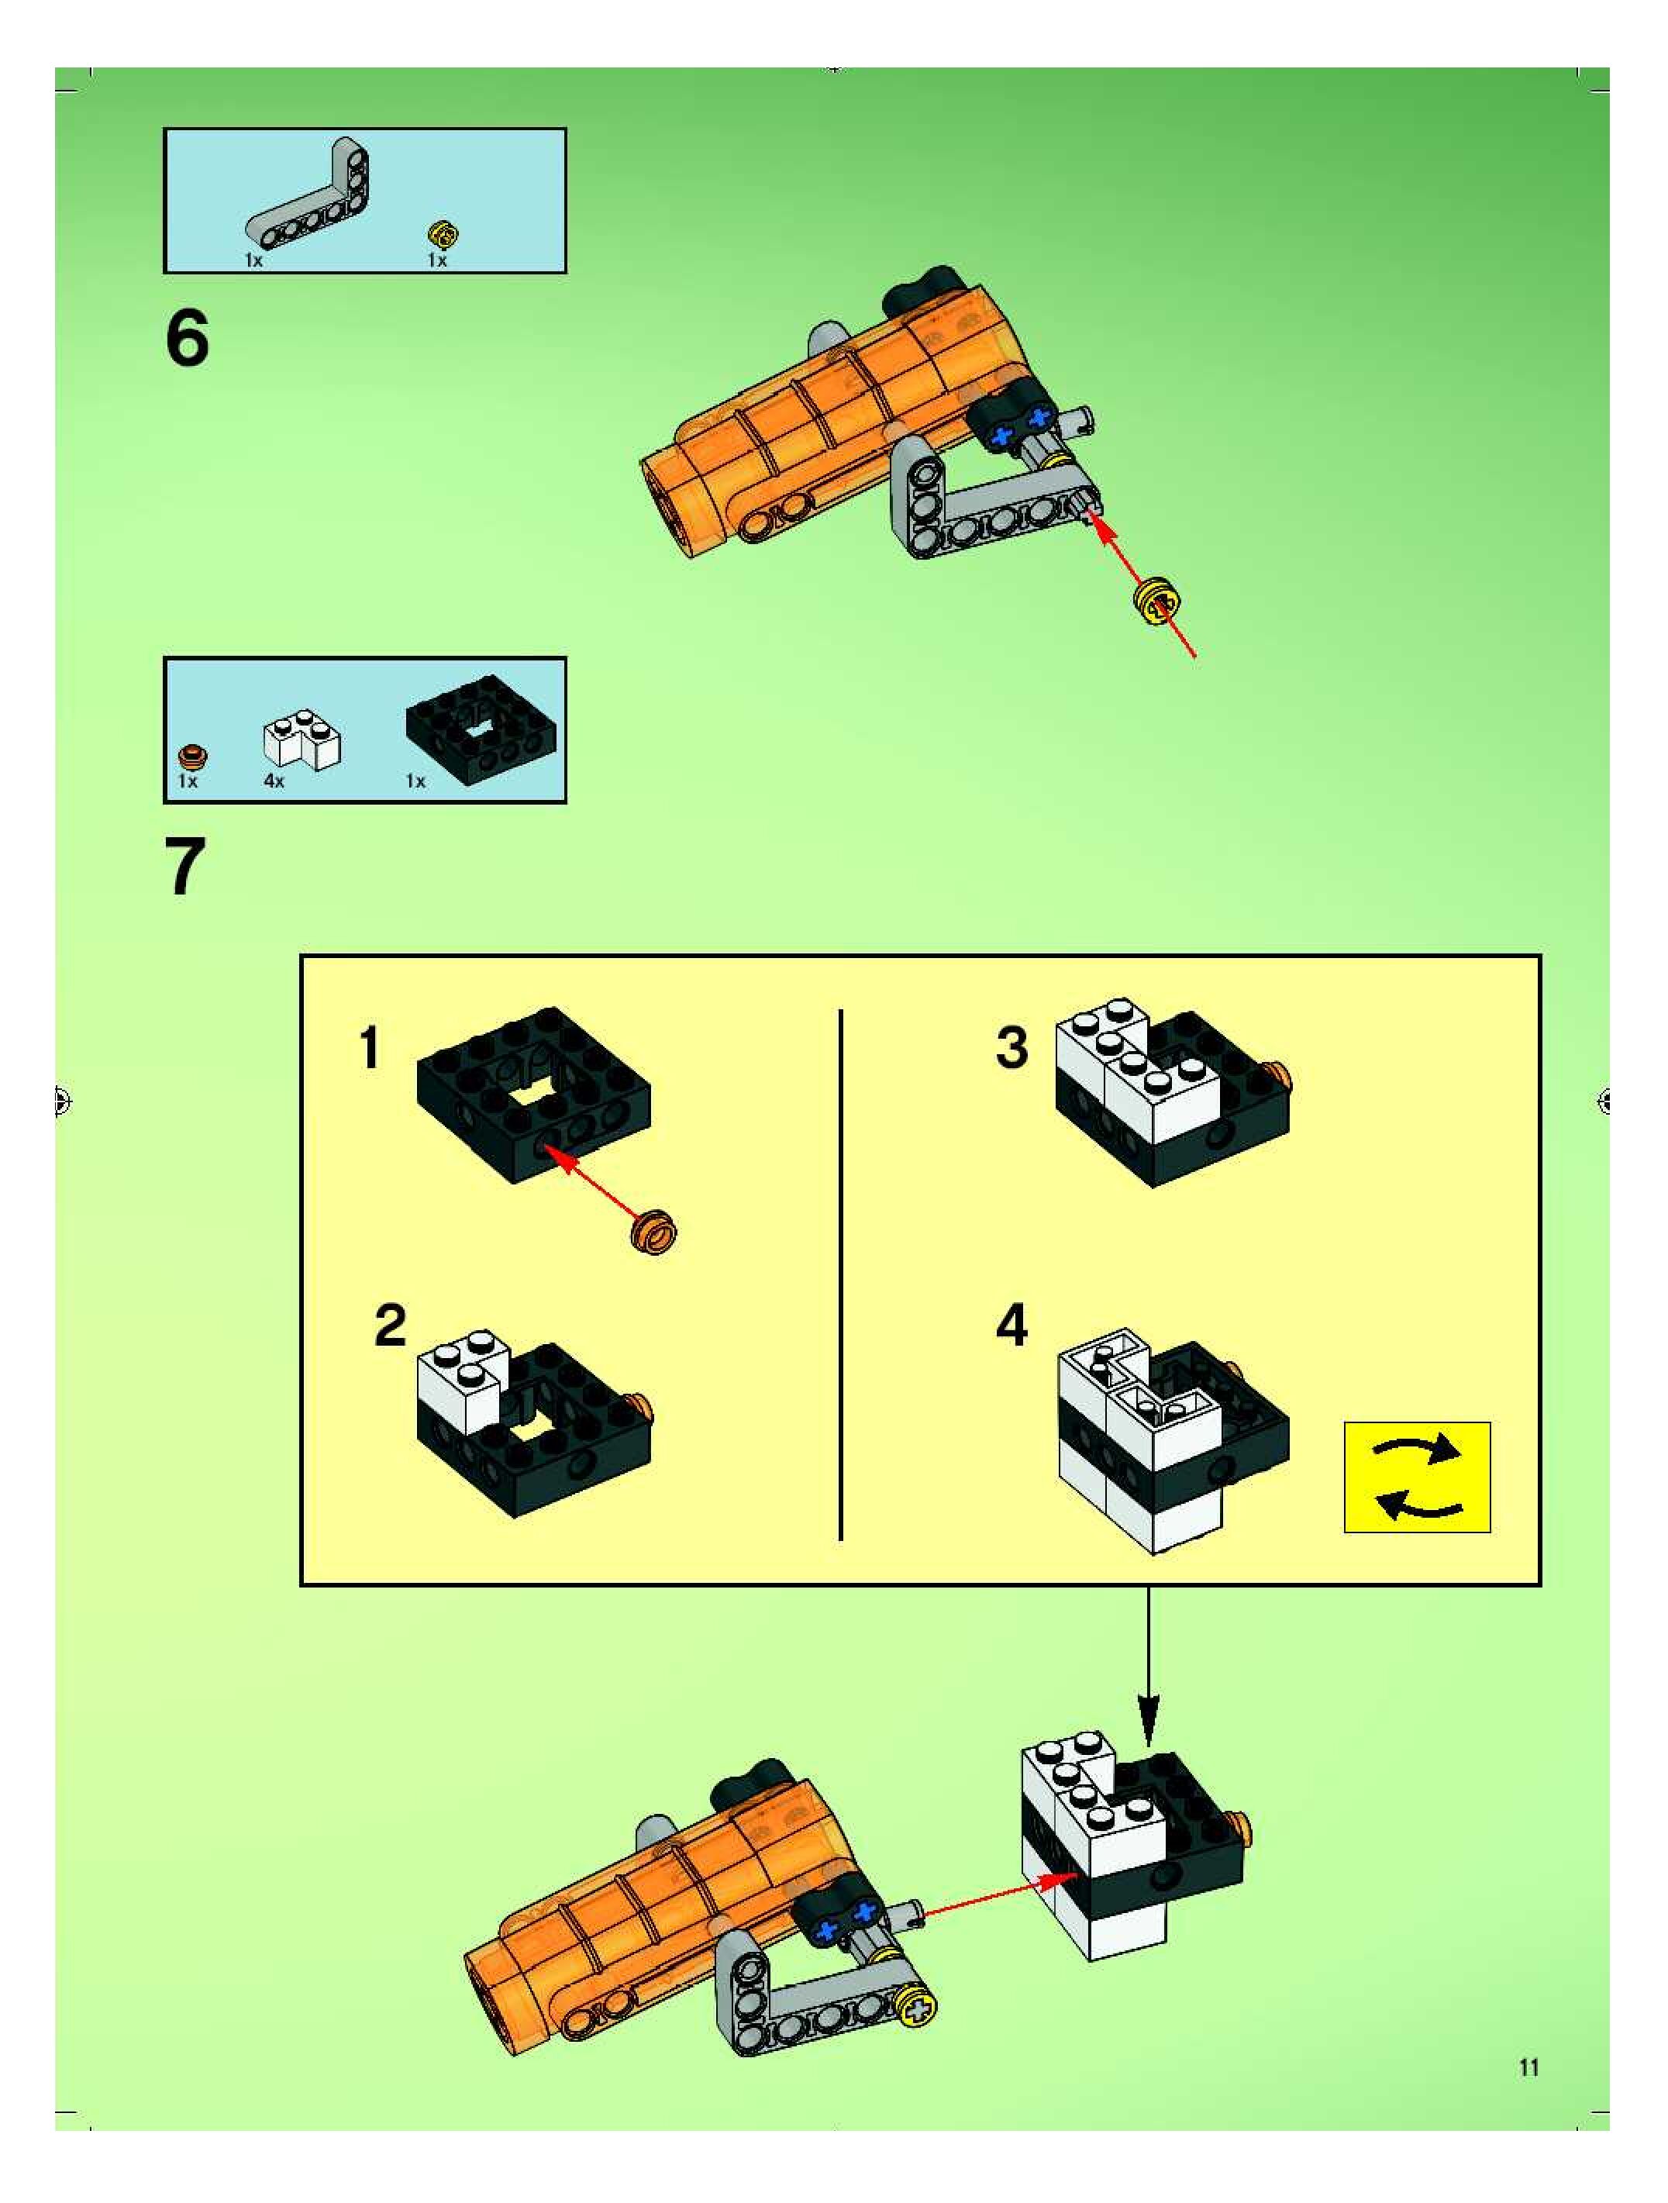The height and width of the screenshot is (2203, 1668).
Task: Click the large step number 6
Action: (188, 339)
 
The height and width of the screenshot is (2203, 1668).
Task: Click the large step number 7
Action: (185, 867)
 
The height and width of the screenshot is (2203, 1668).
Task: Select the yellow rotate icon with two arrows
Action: (1416, 1477)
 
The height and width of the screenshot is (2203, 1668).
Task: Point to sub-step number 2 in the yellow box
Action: (391, 1326)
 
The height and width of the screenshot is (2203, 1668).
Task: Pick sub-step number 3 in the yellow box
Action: (1011, 1048)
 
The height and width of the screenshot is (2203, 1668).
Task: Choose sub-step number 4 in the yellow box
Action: (1011, 1326)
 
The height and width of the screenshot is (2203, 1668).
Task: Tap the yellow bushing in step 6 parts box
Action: (442, 235)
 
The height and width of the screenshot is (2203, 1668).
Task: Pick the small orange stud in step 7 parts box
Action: (192, 754)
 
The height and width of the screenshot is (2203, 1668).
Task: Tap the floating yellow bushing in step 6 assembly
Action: (1158, 601)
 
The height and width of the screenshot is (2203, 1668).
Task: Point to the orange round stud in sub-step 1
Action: (654, 1231)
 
